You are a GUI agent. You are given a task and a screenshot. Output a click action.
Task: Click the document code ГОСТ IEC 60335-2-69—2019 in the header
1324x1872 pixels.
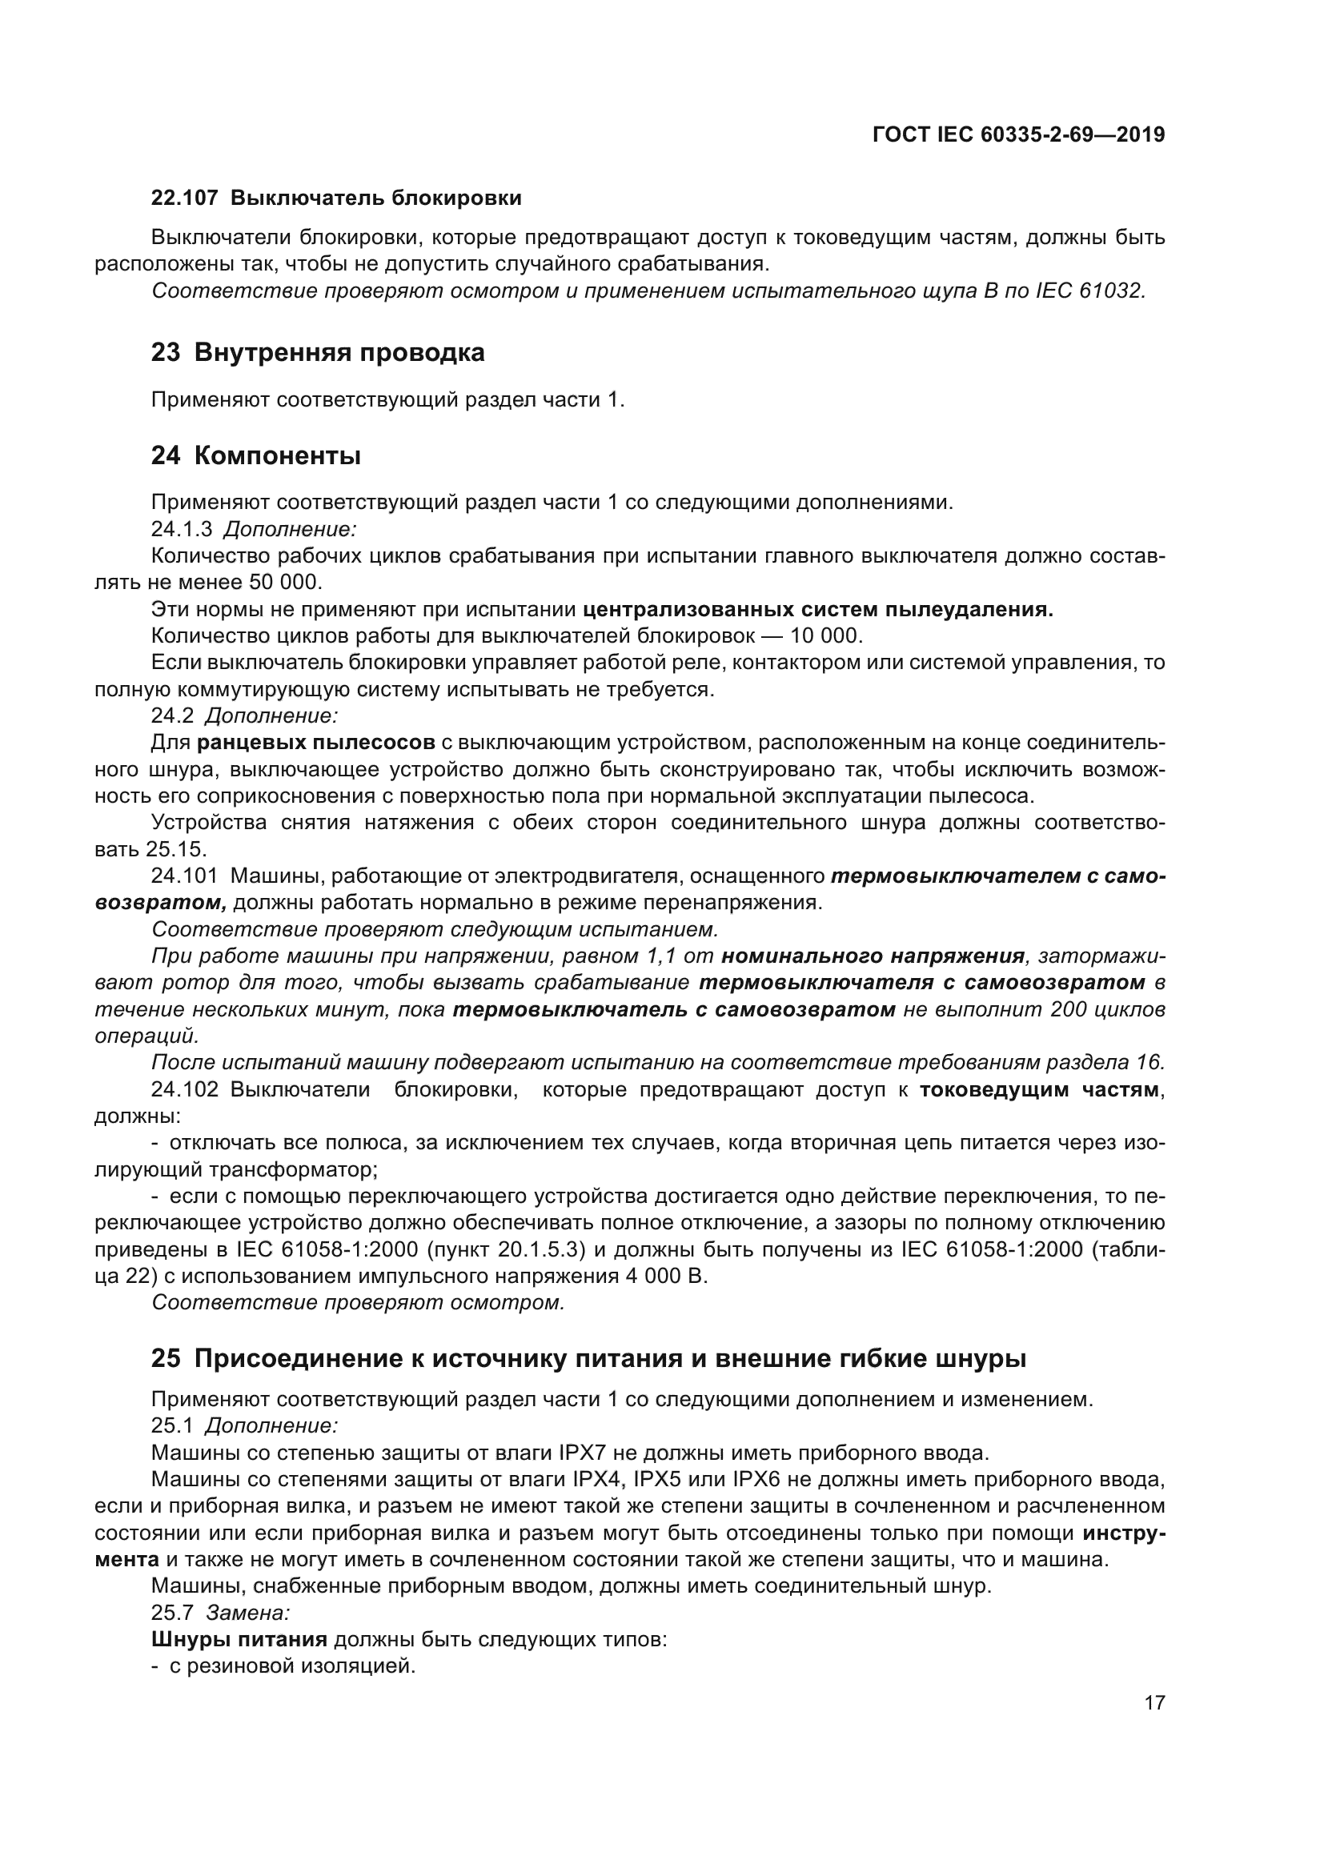point(1018,134)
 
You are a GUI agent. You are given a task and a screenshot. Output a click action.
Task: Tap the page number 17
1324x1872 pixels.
point(1154,1702)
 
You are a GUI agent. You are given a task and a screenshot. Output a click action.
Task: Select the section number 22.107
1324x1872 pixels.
point(184,198)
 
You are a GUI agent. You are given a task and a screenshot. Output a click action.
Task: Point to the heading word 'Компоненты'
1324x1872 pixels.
point(277,455)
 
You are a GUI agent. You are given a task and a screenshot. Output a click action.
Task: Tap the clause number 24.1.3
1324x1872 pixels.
point(181,529)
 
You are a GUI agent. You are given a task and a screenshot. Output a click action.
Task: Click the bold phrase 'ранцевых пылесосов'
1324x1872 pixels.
point(315,743)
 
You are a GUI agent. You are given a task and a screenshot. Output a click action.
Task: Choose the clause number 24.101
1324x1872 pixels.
point(184,876)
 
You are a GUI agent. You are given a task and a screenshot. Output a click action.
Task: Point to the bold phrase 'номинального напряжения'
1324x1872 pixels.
point(873,956)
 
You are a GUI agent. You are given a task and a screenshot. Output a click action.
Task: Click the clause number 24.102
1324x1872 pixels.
point(184,1090)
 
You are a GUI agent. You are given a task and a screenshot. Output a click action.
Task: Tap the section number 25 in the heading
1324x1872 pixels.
point(166,1359)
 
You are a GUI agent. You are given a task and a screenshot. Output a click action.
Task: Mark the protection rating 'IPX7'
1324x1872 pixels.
point(584,1452)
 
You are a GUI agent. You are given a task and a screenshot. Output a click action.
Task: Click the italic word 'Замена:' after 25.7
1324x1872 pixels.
point(248,1613)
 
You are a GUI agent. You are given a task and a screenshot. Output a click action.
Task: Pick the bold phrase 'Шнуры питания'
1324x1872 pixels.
point(239,1640)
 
